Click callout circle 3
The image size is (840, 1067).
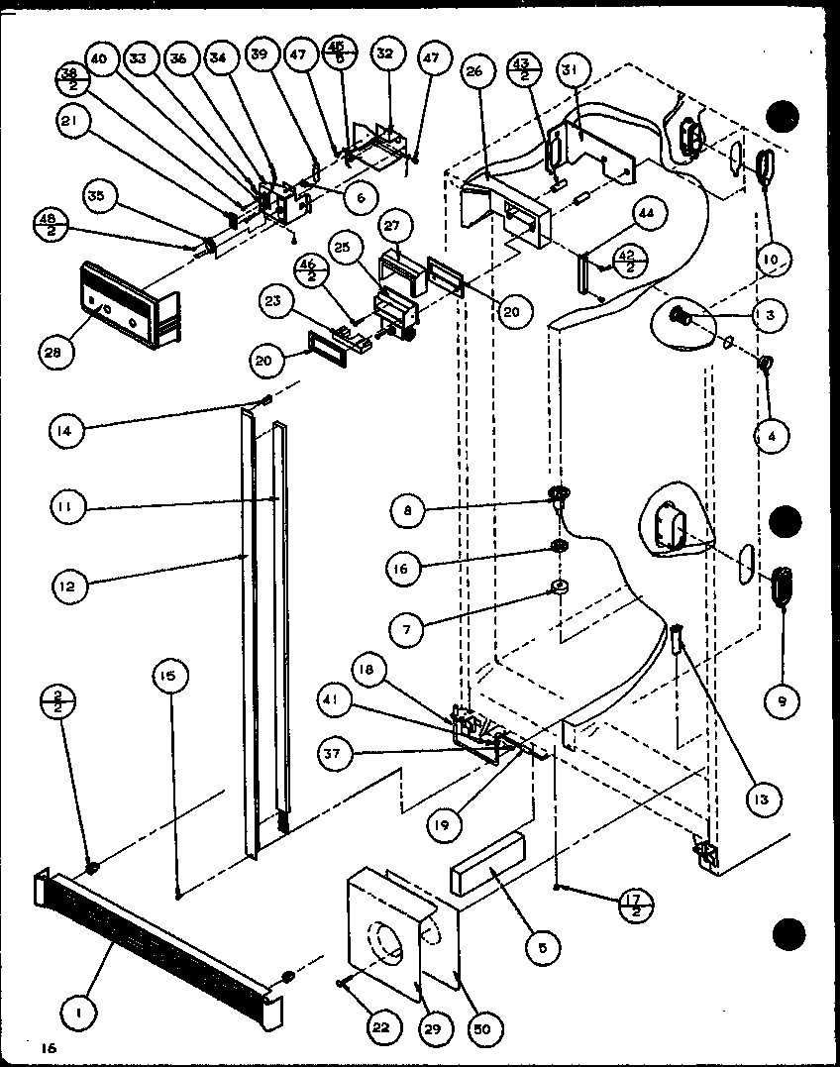pos(771,316)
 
